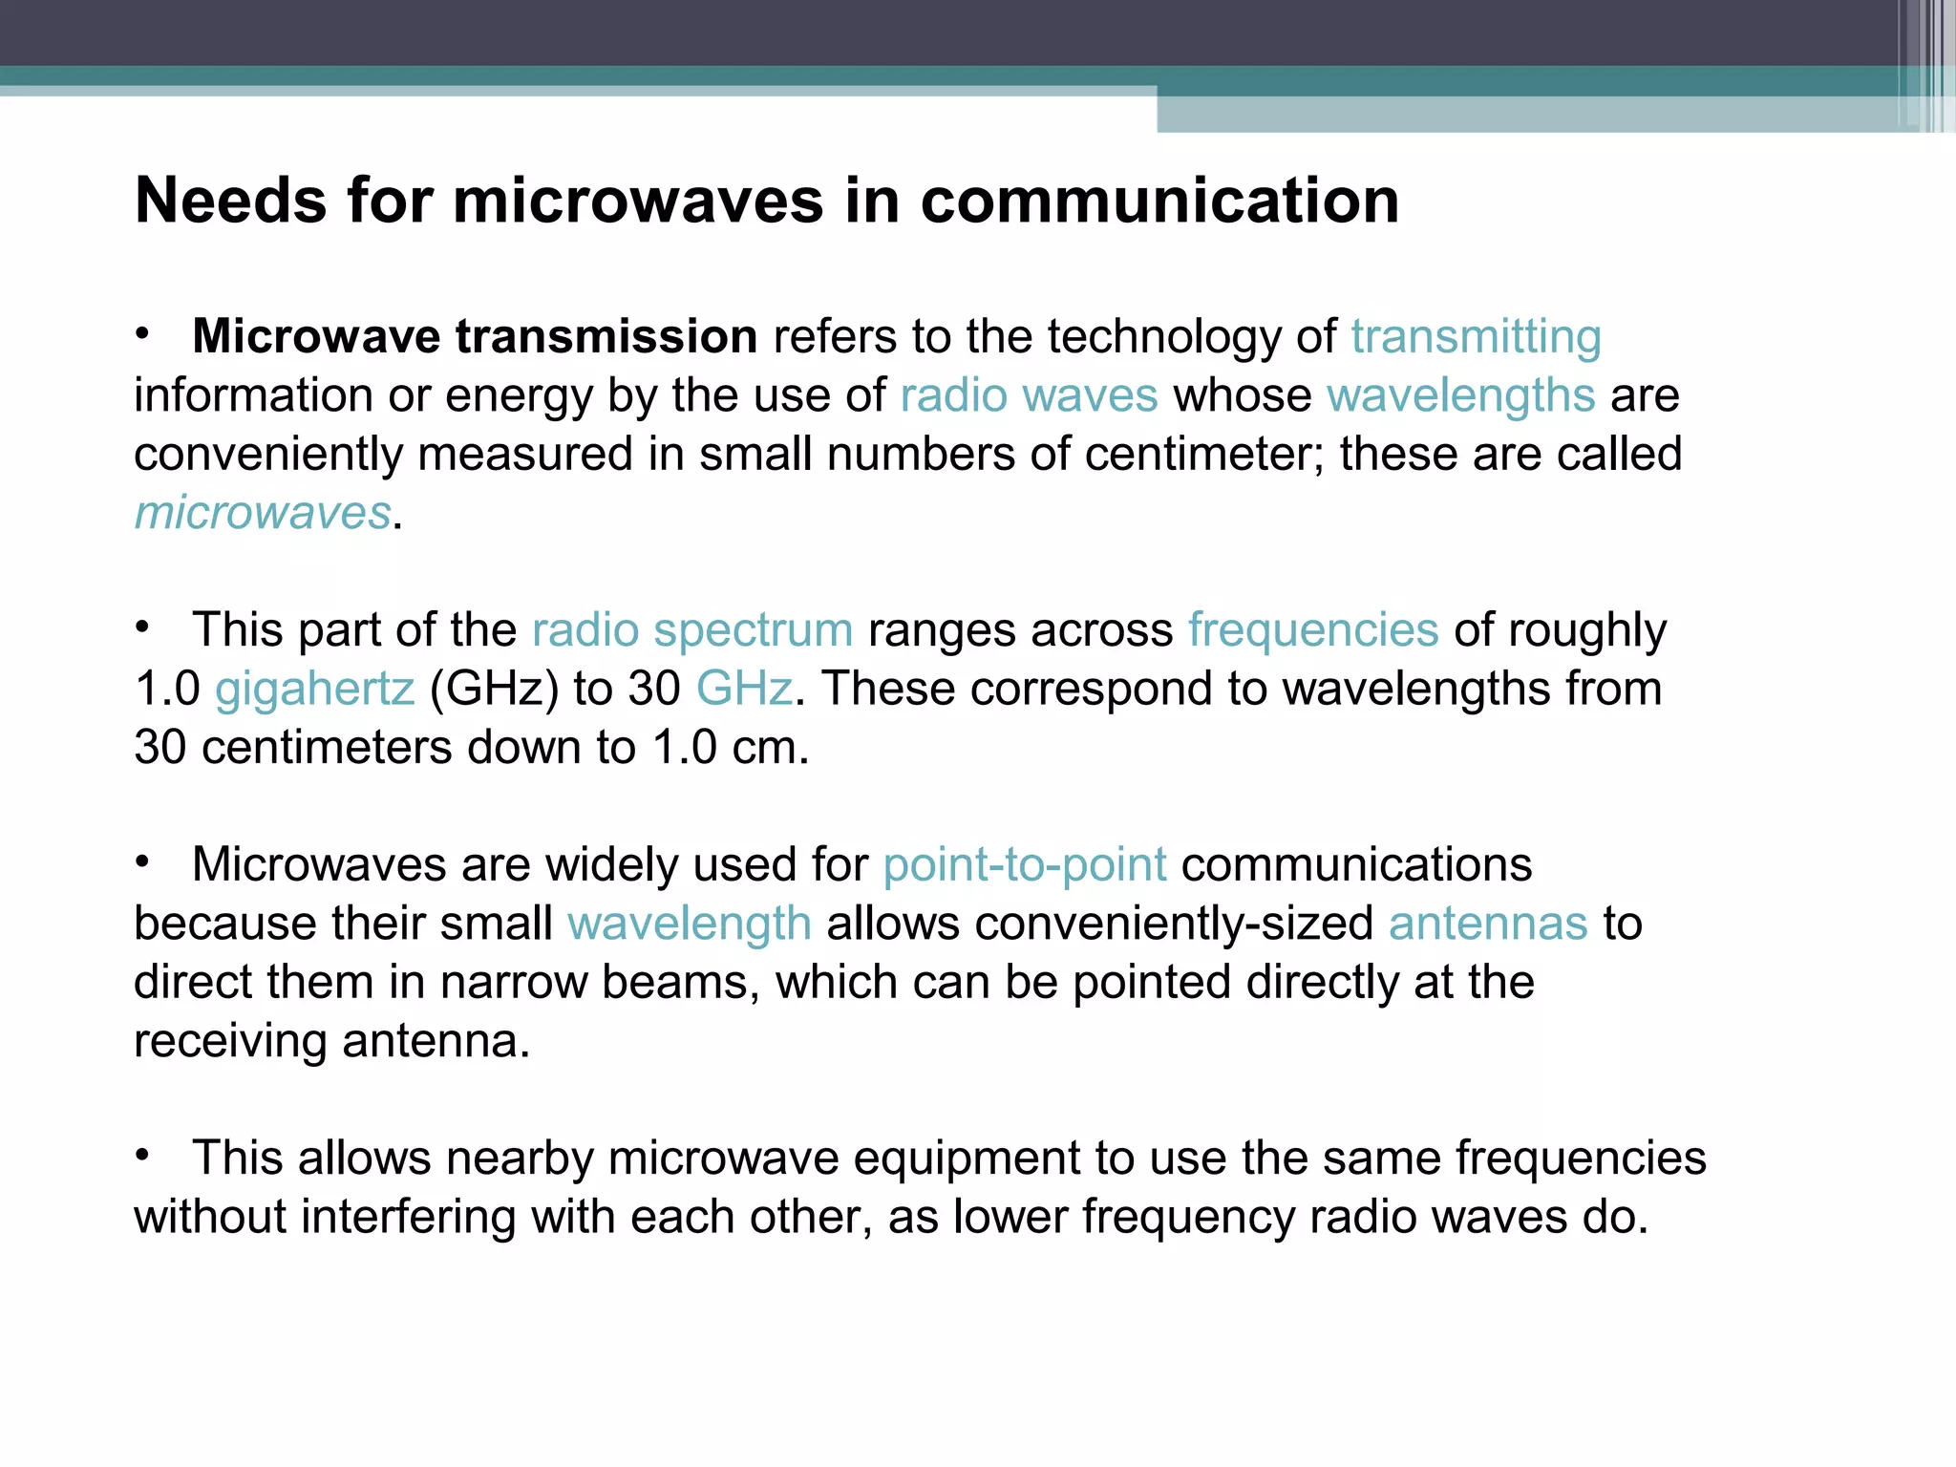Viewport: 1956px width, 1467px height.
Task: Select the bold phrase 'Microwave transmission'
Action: tap(475, 336)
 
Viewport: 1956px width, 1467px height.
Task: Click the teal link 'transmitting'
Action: tap(1476, 336)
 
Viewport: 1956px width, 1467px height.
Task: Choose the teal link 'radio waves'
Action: tap(1029, 395)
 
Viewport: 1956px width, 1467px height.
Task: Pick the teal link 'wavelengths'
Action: tap(1460, 395)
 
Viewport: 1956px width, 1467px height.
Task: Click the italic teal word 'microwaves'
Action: tap(263, 513)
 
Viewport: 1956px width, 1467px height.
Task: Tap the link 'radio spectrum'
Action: tap(691, 630)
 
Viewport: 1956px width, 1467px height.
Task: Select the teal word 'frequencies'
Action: tap(1312, 630)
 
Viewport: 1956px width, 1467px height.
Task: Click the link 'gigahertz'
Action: tap(315, 689)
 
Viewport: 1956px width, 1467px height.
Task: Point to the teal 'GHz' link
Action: tap(744, 689)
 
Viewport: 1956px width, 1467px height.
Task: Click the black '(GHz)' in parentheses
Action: tap(494, 689)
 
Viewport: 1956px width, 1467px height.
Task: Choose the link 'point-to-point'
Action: tap(1024, 865)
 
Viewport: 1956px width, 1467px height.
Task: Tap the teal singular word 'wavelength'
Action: tap(689, 924)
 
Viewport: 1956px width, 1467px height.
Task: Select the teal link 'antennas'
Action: tap(1487, 924)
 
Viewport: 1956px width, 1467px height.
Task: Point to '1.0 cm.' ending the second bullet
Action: tap(731, 747)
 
